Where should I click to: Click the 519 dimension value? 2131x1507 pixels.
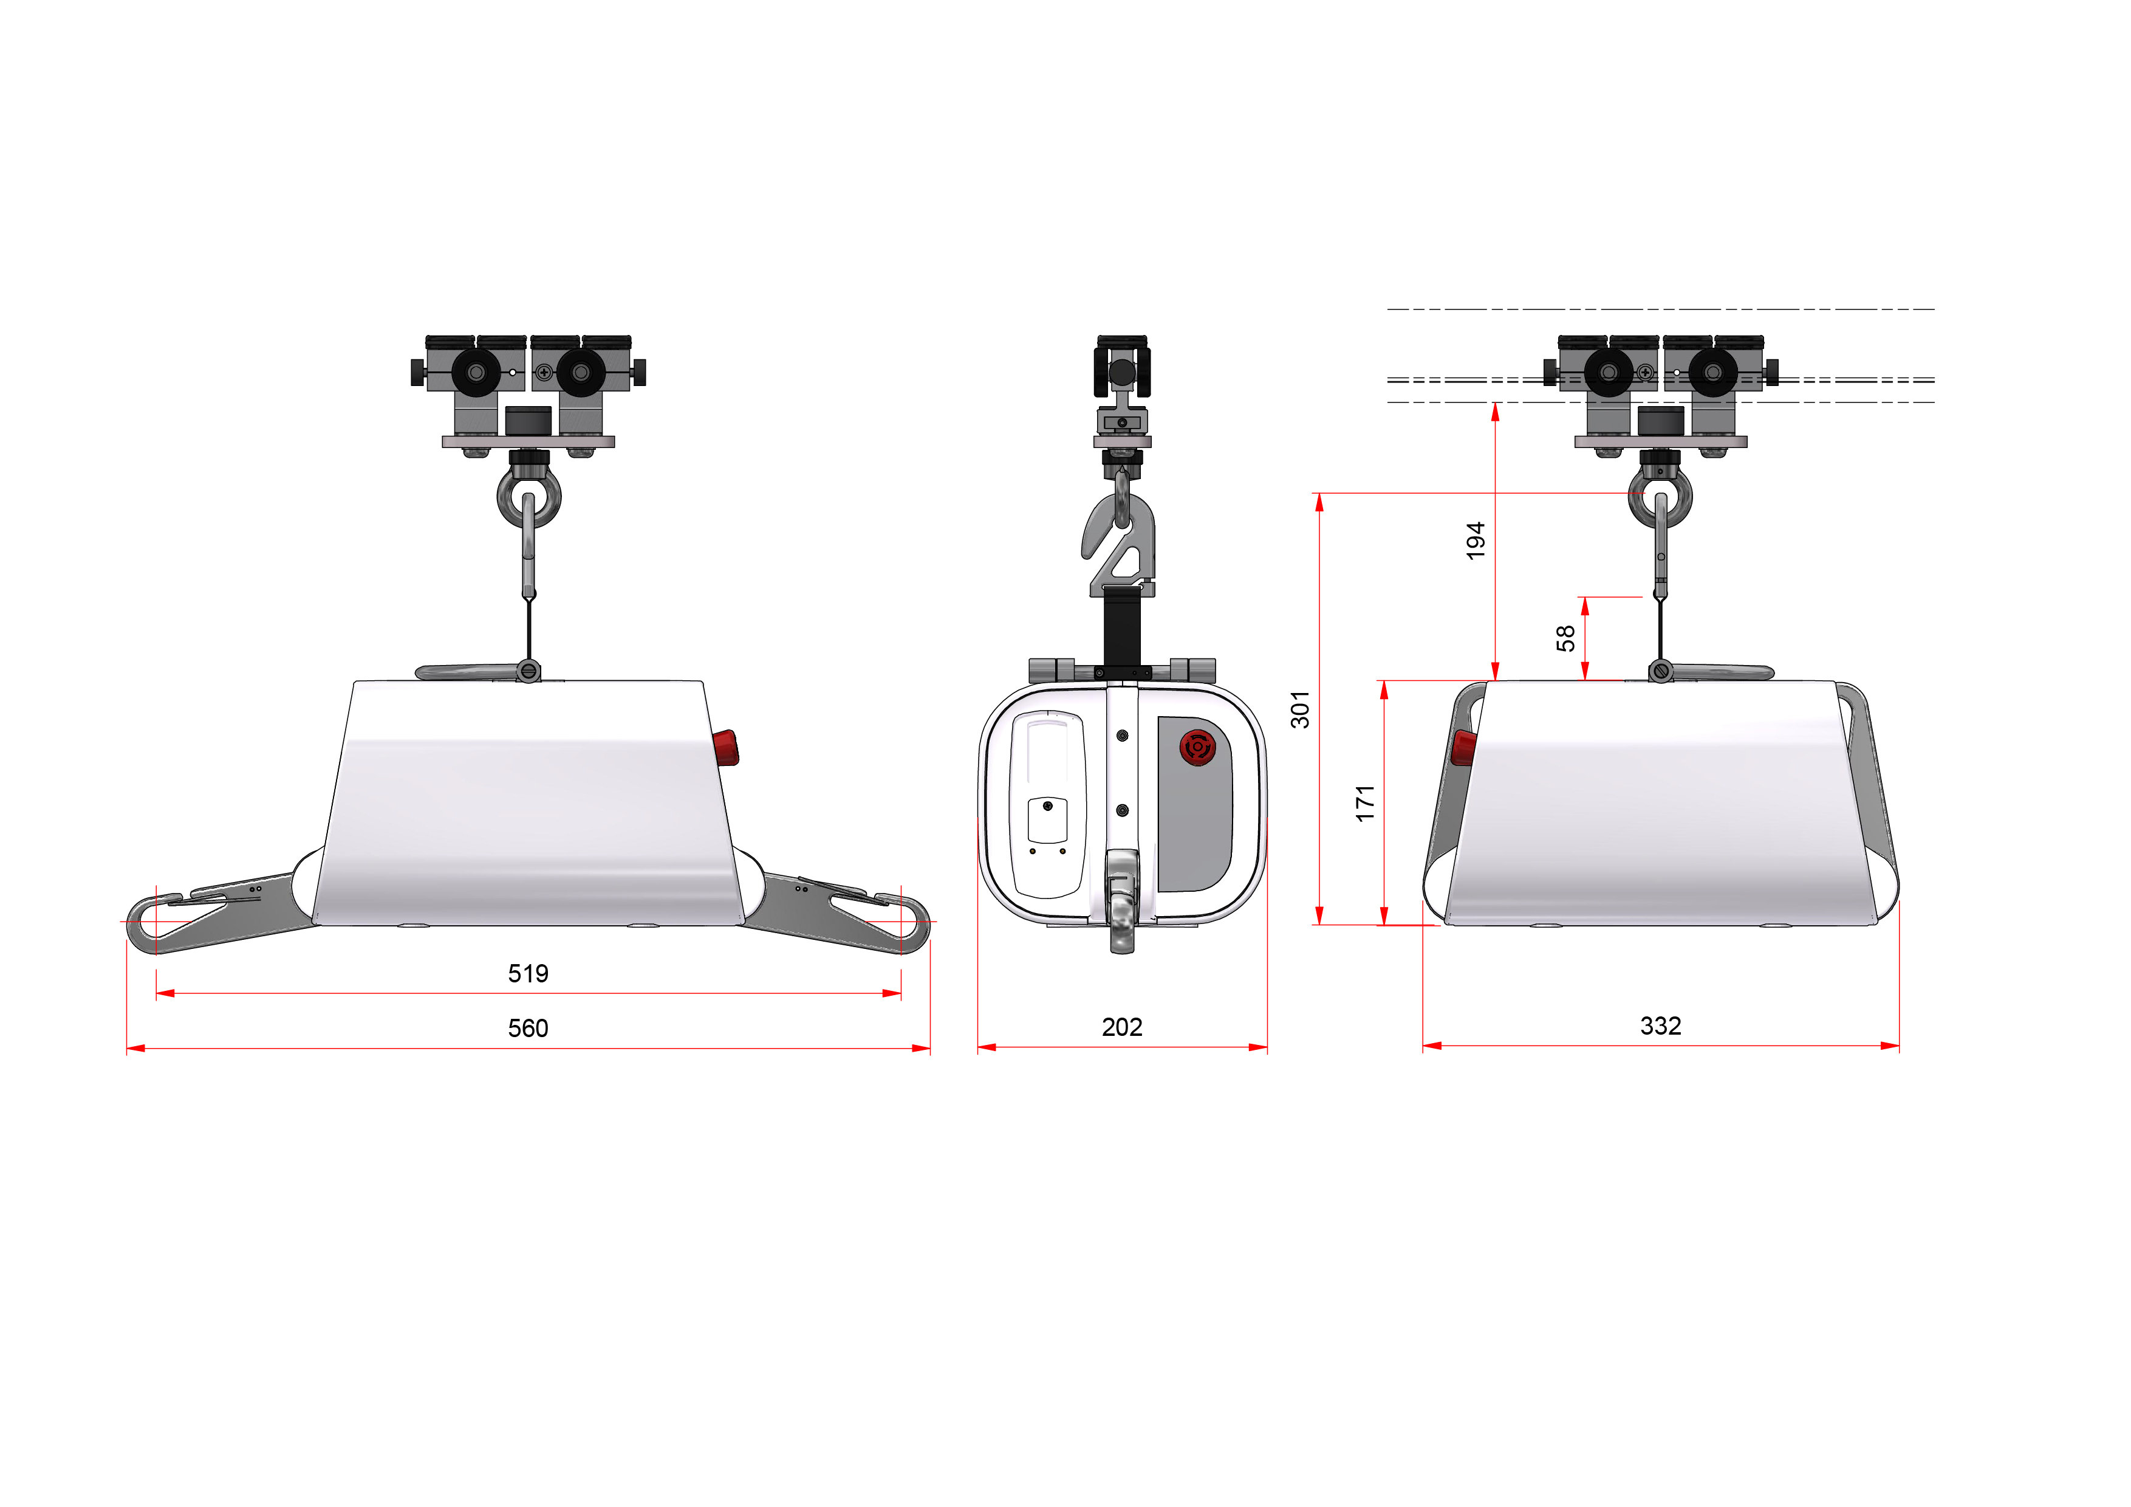click(528, 973)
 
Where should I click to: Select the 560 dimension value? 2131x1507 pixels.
click(528, 1028)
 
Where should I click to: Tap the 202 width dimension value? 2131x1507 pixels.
click(1122, 1027)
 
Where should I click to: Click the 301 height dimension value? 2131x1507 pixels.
click(1301, 709)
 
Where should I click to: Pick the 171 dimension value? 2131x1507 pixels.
click(1364, 803)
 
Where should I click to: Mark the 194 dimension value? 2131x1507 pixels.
click(1476, 540)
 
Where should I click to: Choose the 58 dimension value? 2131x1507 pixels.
click(1566, 638)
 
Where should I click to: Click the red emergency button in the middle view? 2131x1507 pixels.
click(1197, 747)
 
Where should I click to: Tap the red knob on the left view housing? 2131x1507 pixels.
click(726, 748)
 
